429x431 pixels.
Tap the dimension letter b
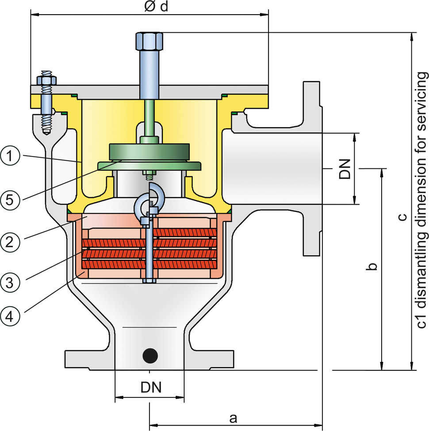tap(372, 267)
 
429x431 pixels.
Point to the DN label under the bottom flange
tap(151, 387)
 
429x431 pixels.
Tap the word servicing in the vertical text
tap(422, 102)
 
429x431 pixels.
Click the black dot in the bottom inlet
tap(150, 354)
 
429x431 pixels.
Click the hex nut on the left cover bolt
tap(46, 81)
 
